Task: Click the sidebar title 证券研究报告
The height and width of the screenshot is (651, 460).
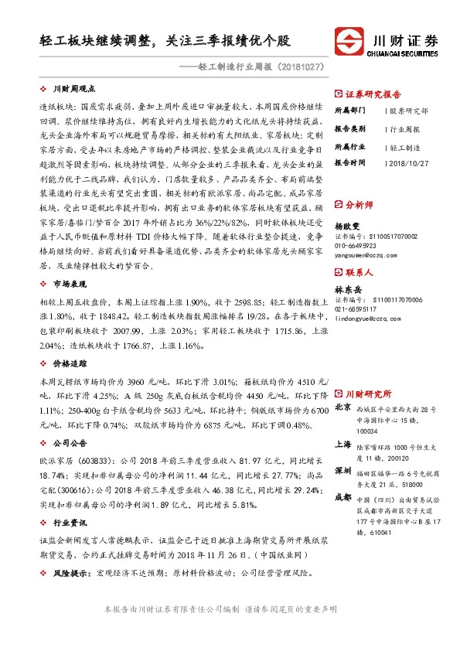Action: coord(370,91)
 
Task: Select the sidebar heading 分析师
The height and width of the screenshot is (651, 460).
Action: coord(359,205)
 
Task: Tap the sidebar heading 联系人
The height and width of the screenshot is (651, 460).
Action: coord(359,272)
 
